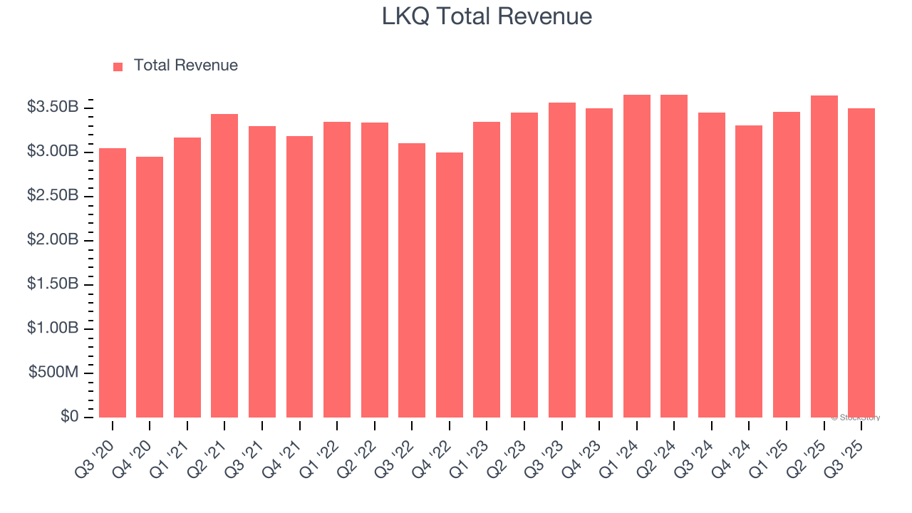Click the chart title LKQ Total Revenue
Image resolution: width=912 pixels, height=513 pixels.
pos(487,16)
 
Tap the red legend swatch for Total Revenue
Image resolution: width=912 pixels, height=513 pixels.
pos(118,66)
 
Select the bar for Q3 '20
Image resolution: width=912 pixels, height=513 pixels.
pos(113,283)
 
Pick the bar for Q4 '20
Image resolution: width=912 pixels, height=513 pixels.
pos(150,287)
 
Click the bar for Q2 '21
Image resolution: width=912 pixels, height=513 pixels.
pos(224,266)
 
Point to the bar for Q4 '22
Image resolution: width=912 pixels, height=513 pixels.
pos(450,285)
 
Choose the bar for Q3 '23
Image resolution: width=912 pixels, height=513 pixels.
pos(562,260)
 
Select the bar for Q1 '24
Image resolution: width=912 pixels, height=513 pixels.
pos(637,256)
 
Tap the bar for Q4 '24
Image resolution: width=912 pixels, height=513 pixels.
pos(749,271)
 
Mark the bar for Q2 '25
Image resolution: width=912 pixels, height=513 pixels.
pos(824,256)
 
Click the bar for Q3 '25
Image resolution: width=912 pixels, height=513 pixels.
pos(861,263)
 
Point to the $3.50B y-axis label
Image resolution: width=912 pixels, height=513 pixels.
pos(53,108)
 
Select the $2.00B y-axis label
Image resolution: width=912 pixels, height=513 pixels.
pos(53,240)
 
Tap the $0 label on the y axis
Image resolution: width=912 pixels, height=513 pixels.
pos(69,417)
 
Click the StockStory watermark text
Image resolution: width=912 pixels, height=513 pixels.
pos(856,418)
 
